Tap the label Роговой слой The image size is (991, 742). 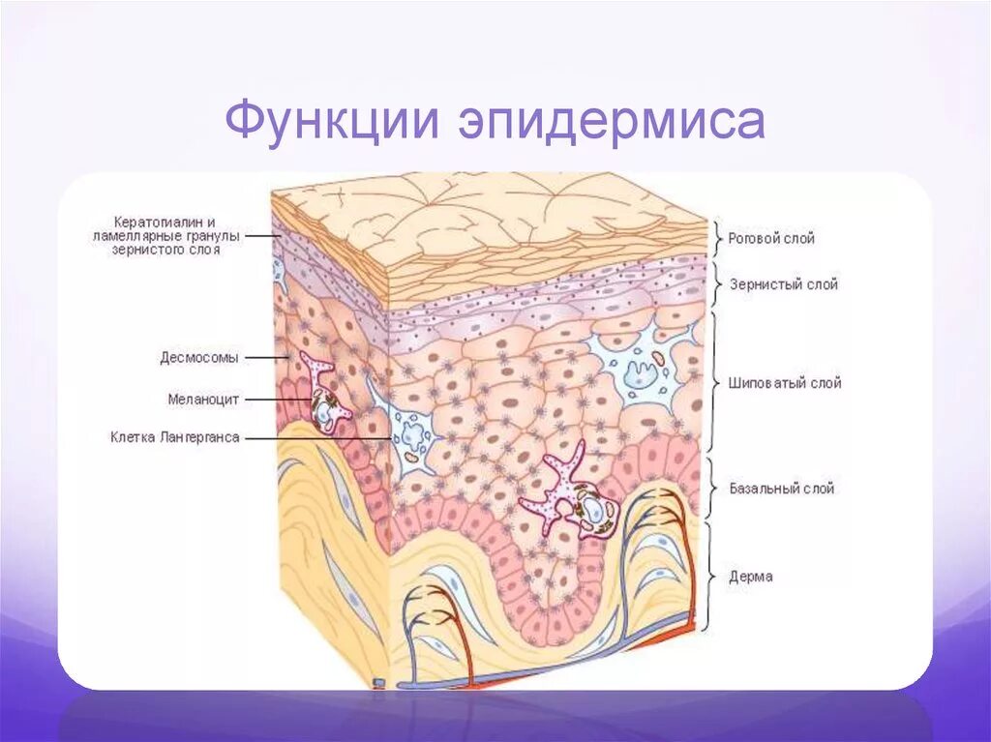tap(771, 238)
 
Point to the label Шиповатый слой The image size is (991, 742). tap(785, 383)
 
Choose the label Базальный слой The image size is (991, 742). tap(782, 490)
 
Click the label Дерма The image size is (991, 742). tap(751, 578)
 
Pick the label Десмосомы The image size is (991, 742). tap(198, 357)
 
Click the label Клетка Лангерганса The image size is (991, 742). tap(174, 437)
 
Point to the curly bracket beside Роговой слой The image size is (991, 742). tap(717, 238)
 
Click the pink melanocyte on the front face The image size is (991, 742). tap(556, 489)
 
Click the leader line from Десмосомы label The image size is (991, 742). tap(267, 357)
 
